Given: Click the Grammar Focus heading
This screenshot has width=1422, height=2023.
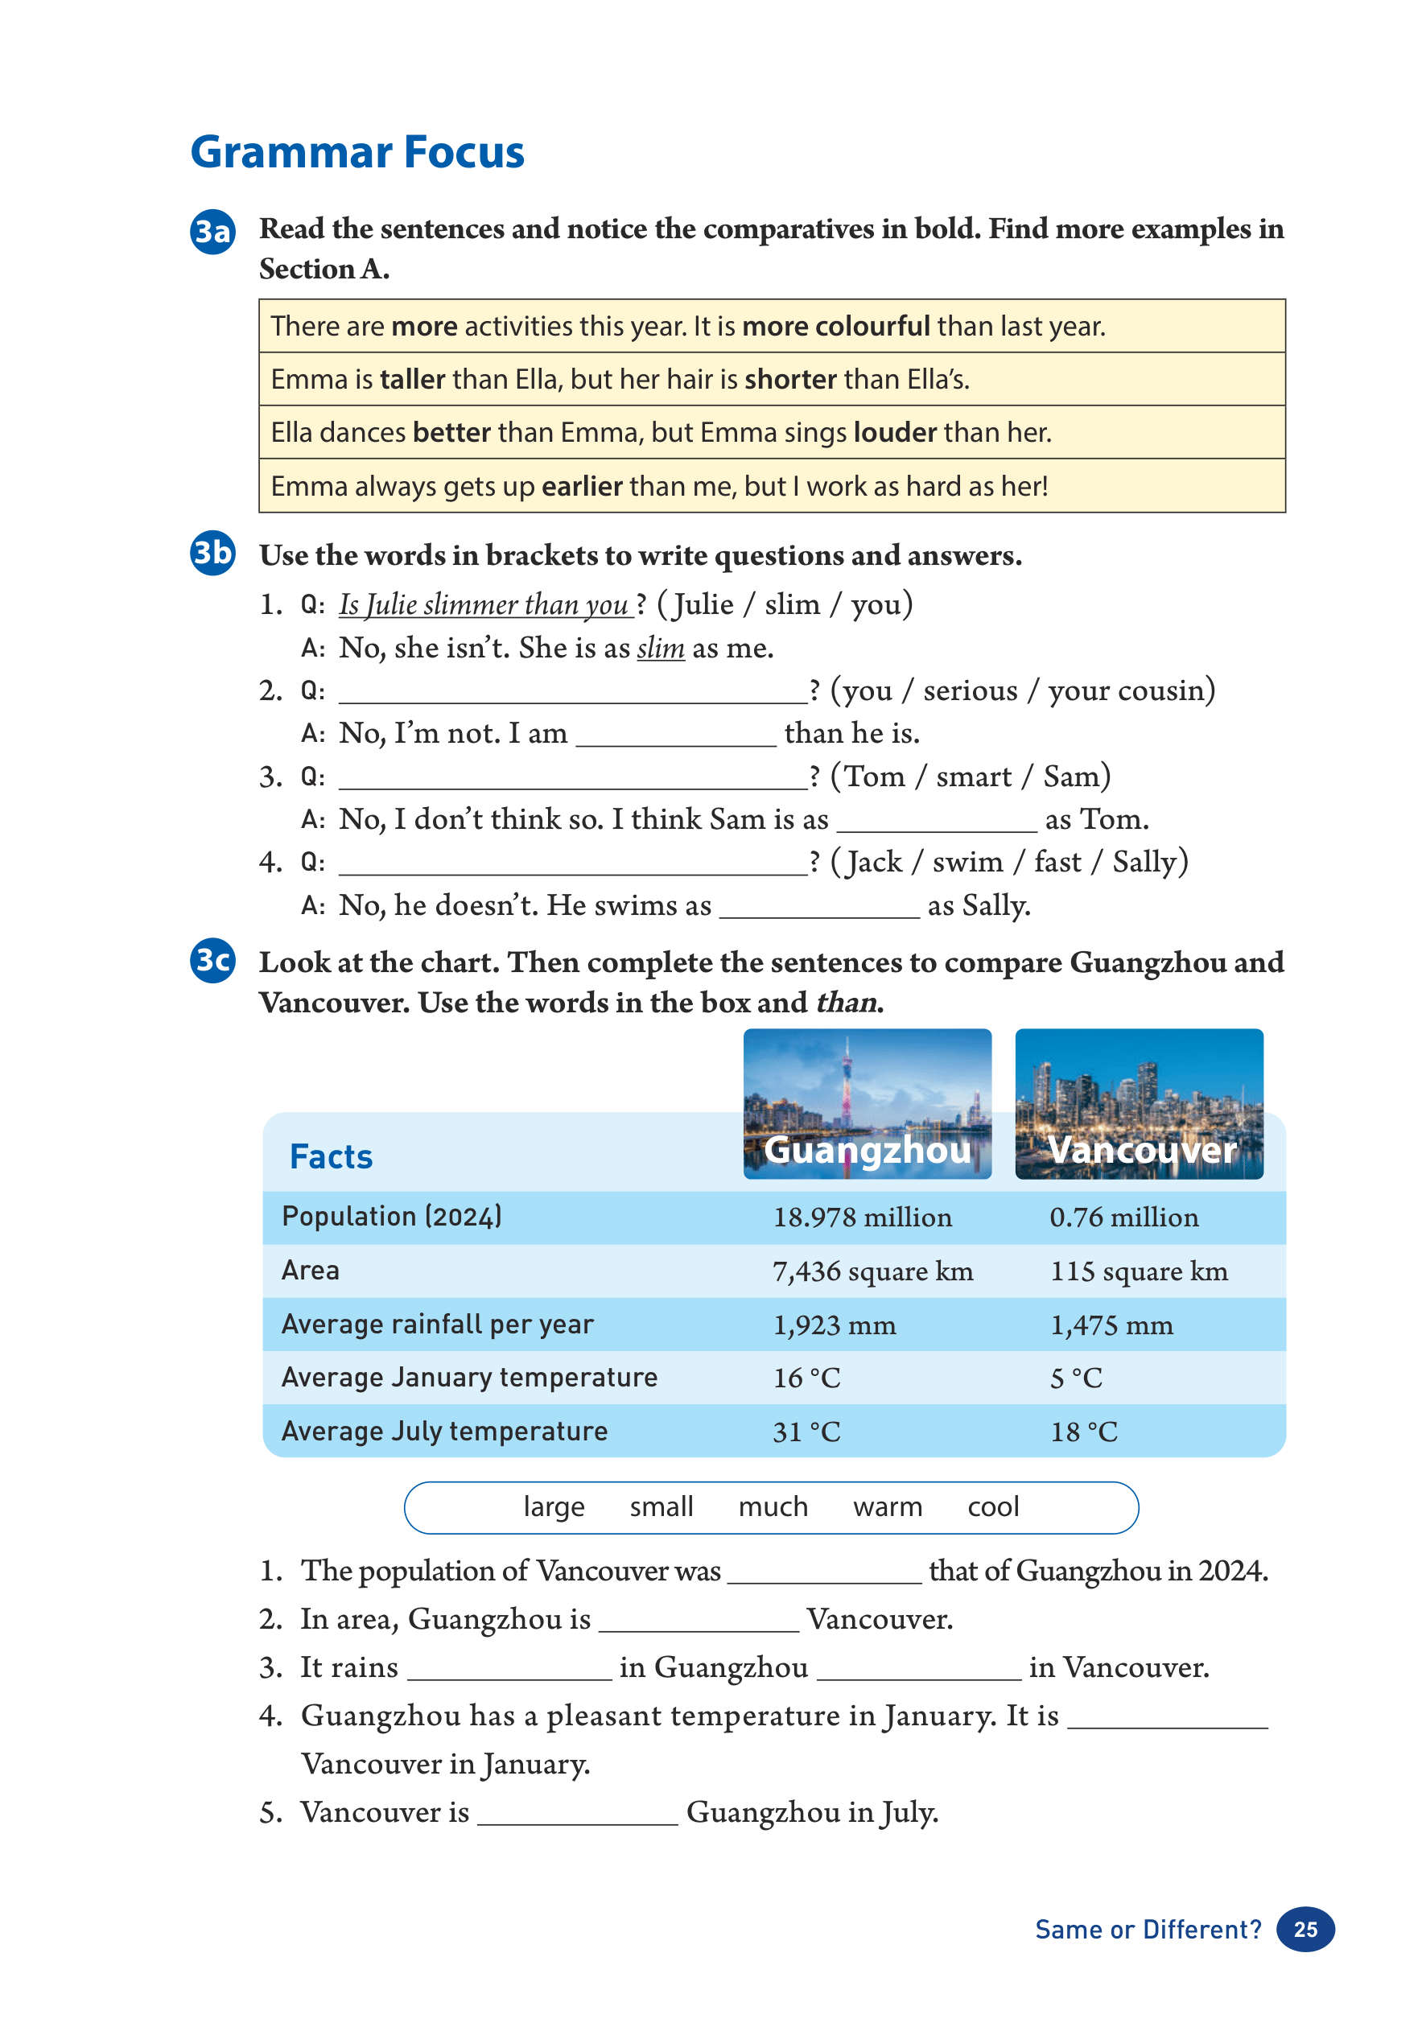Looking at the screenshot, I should tap(357, 152).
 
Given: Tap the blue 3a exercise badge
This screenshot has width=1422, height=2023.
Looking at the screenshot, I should tap(212, 232).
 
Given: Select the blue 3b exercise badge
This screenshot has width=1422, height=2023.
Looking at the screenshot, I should tap(212, 554).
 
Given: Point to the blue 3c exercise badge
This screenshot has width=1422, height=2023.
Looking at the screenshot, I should tap(212, 960).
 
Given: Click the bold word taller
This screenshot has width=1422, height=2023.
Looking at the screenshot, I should tap(412, 380).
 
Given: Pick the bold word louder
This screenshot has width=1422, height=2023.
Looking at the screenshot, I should tap(894, 433).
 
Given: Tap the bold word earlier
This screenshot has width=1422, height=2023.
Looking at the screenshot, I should tap(582, 486).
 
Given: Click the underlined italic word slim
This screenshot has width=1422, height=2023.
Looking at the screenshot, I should tap(660, 649).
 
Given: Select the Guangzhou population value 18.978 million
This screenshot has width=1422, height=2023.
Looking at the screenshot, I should tap(862, 1218).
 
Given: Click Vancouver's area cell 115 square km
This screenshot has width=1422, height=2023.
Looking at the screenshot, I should tap(1138, 1271).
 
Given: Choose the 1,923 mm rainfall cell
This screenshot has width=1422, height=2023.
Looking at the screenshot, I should tap(834, 1325).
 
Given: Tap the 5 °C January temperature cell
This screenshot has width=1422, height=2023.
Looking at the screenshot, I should tap(1076, 1378).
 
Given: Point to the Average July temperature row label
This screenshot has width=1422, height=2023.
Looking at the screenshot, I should tap(444, 1431).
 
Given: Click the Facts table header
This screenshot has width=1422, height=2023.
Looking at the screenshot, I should tap(331, 1157).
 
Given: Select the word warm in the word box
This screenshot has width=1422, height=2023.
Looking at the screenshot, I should tap(887, 1507).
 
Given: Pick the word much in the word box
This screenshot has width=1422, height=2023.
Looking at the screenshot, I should tap(773, 1507).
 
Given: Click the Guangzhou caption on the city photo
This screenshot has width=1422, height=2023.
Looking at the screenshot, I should tap(867, 1150).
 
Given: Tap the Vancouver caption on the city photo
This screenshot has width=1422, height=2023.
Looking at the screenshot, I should tap(1142, 1150).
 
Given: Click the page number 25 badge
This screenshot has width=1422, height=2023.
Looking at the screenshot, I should tap(1305, 1930).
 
